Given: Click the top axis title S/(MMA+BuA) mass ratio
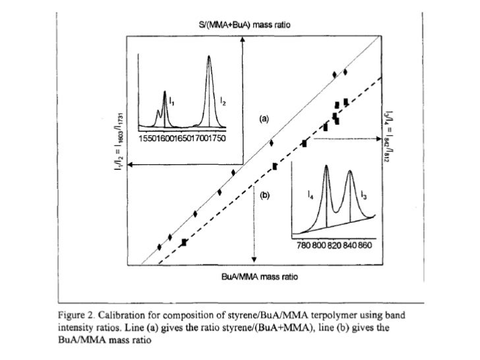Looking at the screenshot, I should click(x=245, y=24).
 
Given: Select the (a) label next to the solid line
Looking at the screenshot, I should click(x=264, y=119).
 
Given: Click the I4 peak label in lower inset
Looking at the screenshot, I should click(x=311, y=194).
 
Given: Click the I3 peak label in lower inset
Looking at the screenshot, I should click(x=364, y=194).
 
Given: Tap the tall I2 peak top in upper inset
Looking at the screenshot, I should click(x=209, y=57).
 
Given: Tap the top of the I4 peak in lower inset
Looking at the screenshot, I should click(x=326, y=166).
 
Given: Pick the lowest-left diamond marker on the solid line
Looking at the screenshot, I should click(x=160, y=247).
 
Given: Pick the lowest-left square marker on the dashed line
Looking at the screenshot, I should click(x=184, y=243).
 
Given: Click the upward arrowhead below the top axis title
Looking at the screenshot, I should click(x=243, y=38).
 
